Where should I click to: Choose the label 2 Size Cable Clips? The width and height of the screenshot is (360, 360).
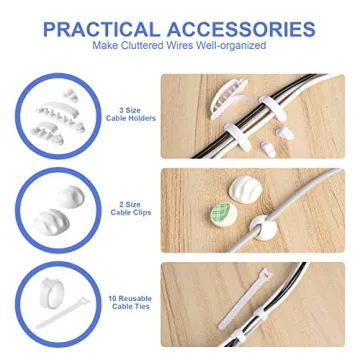tap(129, 211)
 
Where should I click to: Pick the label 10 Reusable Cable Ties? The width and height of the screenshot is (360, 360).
tap(128, 301)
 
